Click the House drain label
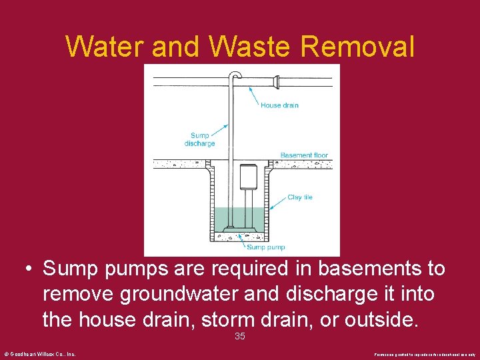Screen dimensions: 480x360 click(x=279, y=105)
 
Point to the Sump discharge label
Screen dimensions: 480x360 click(x=199, y=139)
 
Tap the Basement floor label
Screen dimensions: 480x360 click(x=304, y=155)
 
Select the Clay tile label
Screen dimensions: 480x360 click(x=300, y=197)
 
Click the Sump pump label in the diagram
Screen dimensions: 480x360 click(x=266, y=247)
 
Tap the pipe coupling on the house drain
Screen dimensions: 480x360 click(x=275, y=82)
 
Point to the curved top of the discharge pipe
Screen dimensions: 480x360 click(x=235, y=75)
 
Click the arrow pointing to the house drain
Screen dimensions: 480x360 click(x=255, y=94)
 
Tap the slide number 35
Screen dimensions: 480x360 click(x=240, y=337)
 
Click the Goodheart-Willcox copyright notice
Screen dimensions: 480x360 click(x=39, y=353)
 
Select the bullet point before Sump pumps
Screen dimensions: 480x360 click(x=28, y=269)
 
